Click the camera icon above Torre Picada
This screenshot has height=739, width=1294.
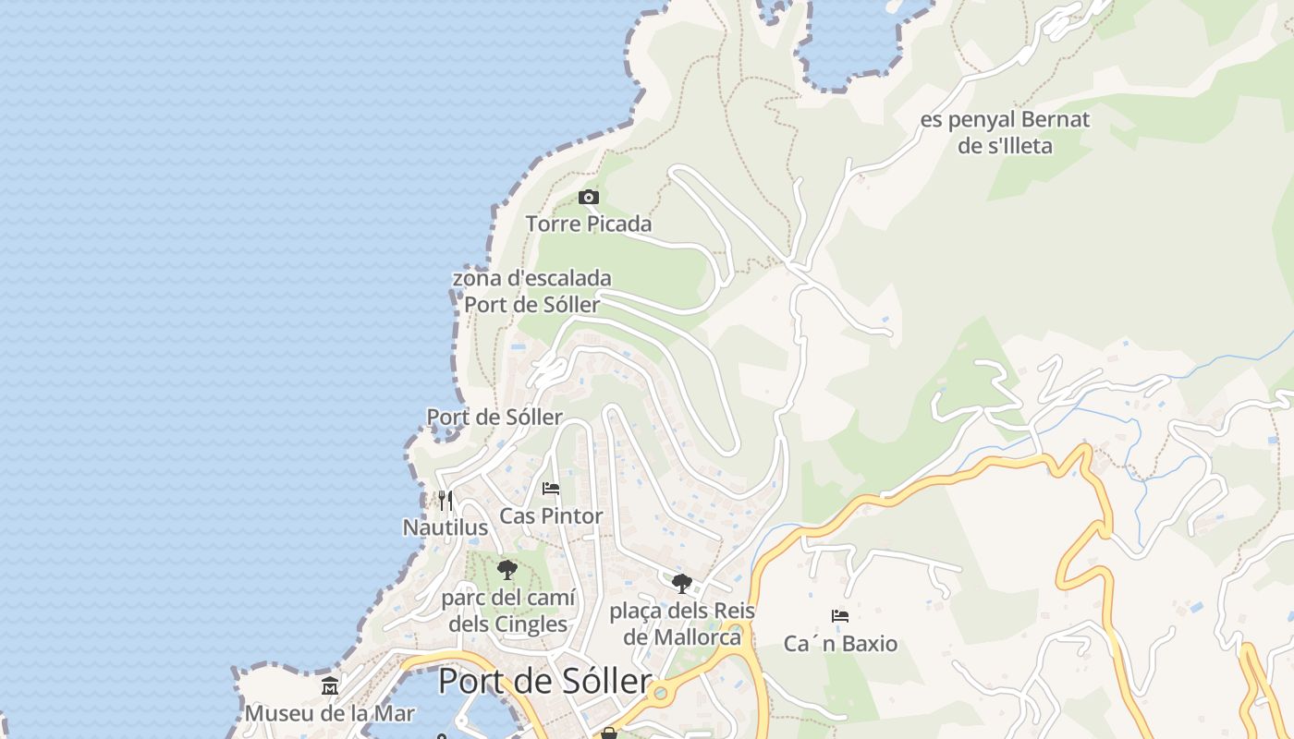point(588,197)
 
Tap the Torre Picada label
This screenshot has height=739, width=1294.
point(589,224)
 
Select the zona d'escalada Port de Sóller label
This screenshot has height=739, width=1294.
point(531,291)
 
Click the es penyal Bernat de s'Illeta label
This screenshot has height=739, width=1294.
point(1005,132)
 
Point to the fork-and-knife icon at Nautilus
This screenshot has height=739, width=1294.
point(446,501)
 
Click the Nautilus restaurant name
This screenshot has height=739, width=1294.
point(446,527)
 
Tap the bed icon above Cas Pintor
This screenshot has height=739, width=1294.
point(551,489)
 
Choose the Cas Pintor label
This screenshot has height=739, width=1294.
point(551,515)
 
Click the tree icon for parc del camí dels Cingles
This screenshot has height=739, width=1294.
point(507,570)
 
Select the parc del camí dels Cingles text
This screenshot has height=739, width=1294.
point(507,611)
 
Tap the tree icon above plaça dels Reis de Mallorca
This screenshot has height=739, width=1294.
point(682,584)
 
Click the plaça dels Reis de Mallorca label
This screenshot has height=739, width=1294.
point(682,624)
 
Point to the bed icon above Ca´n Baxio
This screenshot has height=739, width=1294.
point(840,616)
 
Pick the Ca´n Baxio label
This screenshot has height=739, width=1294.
point(840,643)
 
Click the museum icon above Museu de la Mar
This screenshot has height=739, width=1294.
point(330,686)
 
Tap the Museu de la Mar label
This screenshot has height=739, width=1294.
point(330,713)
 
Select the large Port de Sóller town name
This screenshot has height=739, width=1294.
point(544,682)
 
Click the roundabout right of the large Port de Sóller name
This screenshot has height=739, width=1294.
point(660,692)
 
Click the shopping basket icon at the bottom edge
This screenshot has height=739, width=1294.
point(608,733)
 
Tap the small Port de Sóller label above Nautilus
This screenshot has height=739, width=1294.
point(494,418)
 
